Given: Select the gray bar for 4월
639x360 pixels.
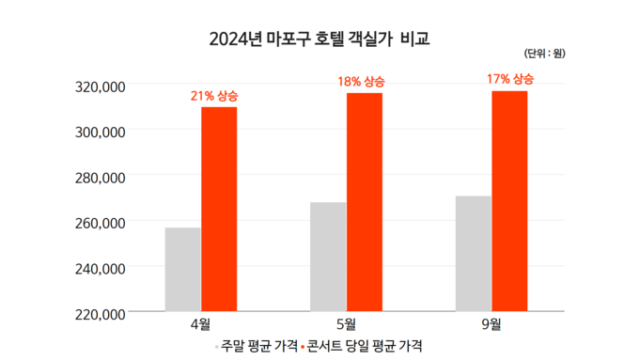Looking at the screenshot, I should [x=182, y=269].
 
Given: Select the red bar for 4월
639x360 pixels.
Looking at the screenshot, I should [x=218, y=209].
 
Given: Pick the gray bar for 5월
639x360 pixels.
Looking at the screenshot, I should [x=328, y=256].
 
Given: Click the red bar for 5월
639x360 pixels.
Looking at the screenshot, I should [x=364, y=201].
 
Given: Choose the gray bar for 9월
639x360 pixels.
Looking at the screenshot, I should [x=473, y=253].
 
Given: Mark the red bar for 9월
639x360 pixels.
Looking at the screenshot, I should [x=508, y=200].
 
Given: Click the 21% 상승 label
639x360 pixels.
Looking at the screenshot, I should [x=214, y=96].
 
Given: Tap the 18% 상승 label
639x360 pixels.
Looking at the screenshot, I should [x=361, y=82].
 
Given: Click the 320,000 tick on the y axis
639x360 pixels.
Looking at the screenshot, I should [x=100, y=86].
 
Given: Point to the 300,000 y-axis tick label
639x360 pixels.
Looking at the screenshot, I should [x=100, y=132].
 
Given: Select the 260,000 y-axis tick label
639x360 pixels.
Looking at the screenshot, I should [x=100, y=223].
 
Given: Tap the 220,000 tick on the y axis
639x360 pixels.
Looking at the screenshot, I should [x=100, y=313].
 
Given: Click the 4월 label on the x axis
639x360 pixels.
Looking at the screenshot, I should [x=200, y=325].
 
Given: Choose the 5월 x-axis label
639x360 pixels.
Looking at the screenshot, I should [x=346, y=325].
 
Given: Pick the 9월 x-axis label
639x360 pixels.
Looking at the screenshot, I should [x=491, y=325].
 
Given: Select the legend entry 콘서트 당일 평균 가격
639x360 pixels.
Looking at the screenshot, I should [x=363, y=346].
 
